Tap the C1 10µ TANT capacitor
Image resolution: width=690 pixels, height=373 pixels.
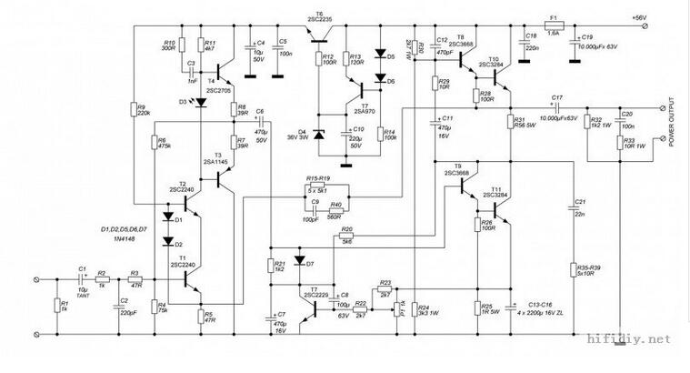(x=82, y=280)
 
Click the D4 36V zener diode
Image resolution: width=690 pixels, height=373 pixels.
(x=318, y=135)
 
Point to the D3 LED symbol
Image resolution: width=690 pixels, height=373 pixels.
(x=200, y=102)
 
